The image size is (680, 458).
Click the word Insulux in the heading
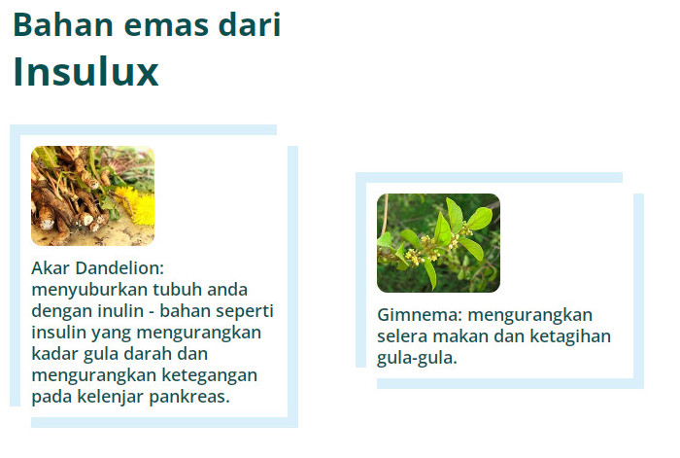pos(85,72)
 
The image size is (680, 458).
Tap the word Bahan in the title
pos(63,24)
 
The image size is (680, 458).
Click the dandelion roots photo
pos(93,195)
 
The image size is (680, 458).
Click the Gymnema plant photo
pos(438,243)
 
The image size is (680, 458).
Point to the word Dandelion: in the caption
pos(119,267)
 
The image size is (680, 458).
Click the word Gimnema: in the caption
pos(420,315)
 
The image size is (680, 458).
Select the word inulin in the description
pos(120,311)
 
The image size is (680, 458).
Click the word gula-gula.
pos(417,358)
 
